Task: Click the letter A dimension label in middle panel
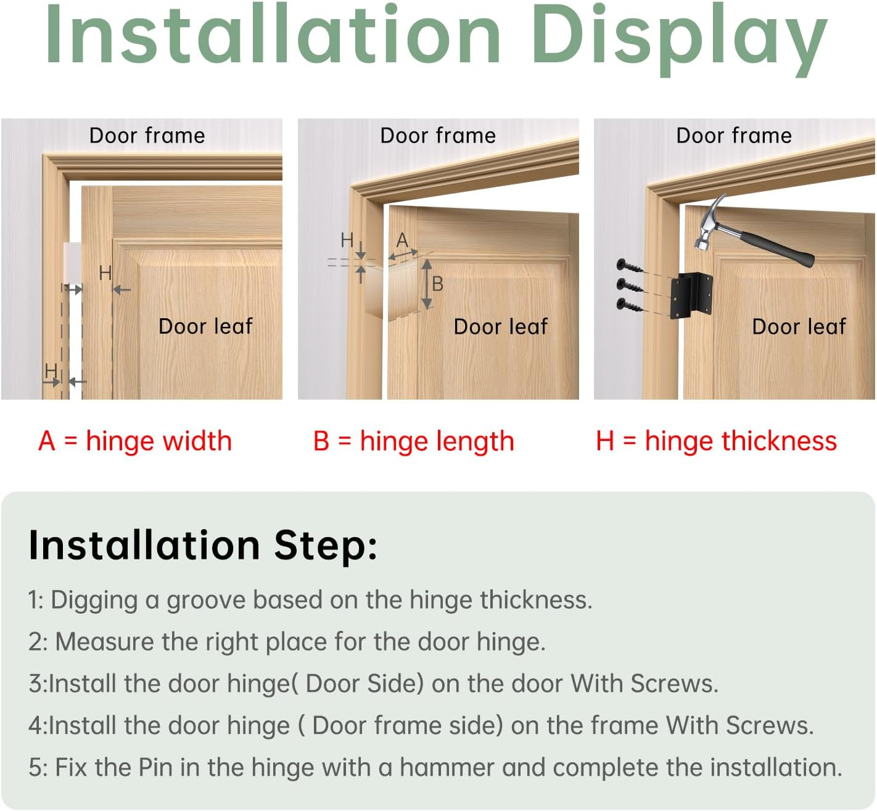pyautogui.click(x=402, y=239)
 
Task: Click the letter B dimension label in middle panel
pyautogui.click(x=437, y=284)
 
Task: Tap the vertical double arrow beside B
pyautogui.click(x=426, y=284)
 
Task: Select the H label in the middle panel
pyautogui.click(x=347, y=240)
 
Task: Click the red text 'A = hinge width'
pyautogui.click(x=135, y=442)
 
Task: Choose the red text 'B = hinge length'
pyautogui.click(x=413, y=442)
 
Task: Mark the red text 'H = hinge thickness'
pyautogui.click(x=716, y=442)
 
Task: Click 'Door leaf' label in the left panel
pyautogui.click(x=205, y=326)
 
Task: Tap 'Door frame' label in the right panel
pyautogui.click(x=733, y=136)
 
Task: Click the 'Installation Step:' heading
pyautogui.click(x=203, y=545)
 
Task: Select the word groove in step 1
pyautogui.click(x=206, y=600)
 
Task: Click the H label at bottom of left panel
pyautogui.click(x=51, y=371)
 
